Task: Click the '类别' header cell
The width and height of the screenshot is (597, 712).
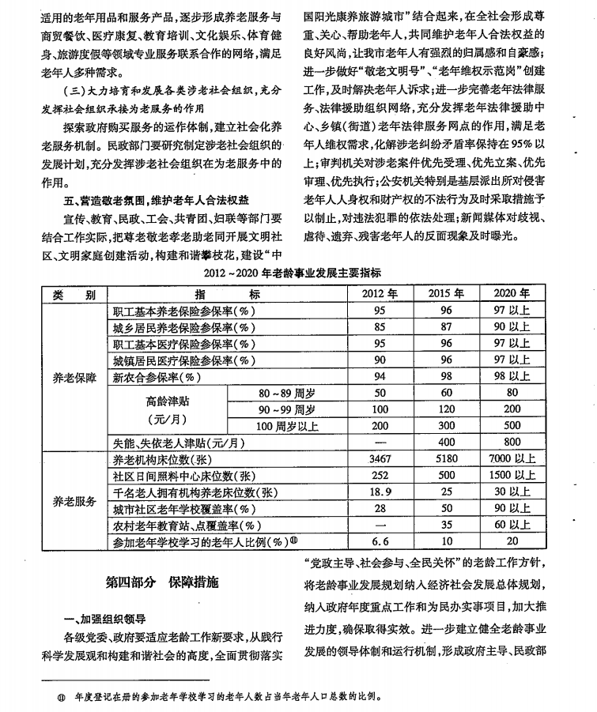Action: [74, 293]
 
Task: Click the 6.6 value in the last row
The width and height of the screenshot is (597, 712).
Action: [380, 542]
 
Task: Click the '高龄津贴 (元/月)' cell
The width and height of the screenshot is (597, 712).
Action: [168, 409]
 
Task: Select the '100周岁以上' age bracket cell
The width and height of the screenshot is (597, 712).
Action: [286, 426]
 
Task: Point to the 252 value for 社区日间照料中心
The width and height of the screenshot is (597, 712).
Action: [380, 476]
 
